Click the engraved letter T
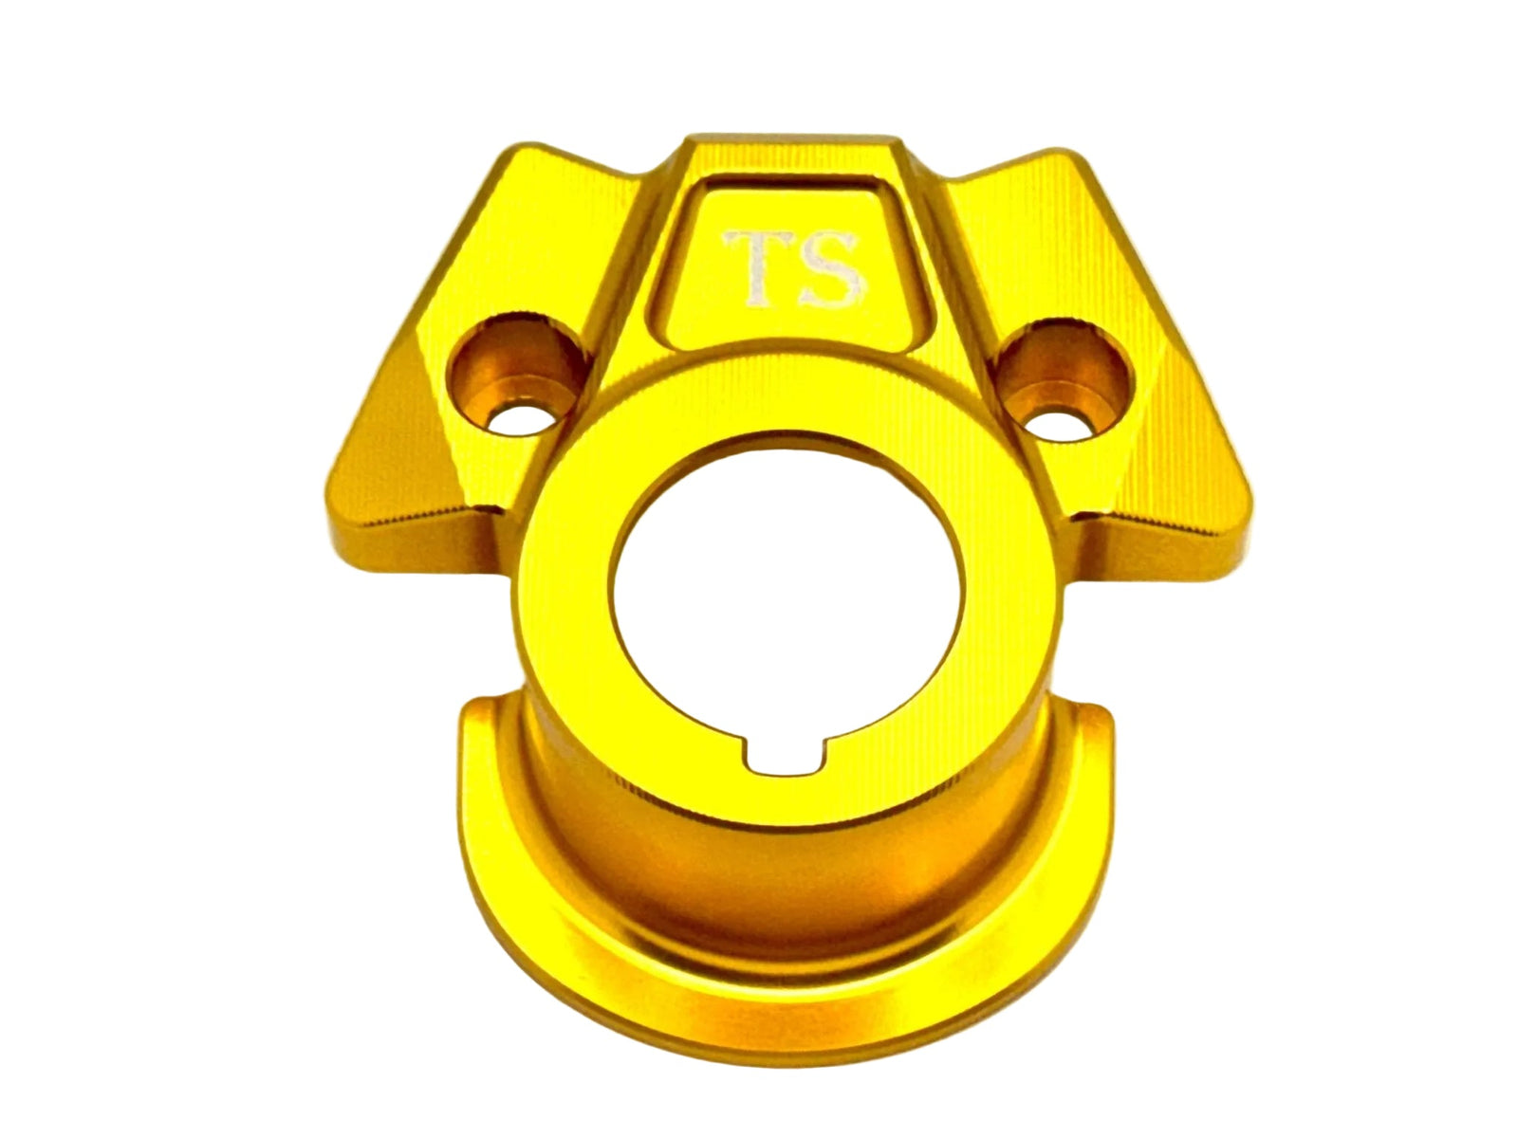click(756, 268)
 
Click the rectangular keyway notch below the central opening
click(785, 755)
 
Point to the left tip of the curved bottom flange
click(477, 705)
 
